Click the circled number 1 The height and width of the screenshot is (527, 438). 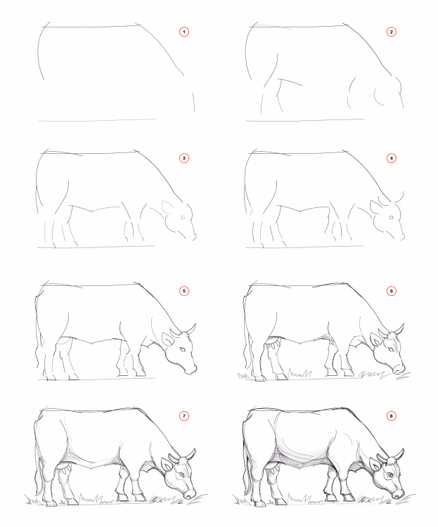pos(184,32)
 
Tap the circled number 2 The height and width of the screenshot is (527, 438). pos(391,32)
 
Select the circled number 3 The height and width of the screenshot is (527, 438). pos(184,158)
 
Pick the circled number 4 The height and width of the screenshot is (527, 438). pos(391,158)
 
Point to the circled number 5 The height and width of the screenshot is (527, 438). pos(184,291)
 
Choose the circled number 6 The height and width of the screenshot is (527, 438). pos(391,291)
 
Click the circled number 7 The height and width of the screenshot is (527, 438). pos(184,416)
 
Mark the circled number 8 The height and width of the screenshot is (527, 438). pos(391,416)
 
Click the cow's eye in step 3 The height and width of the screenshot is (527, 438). pos(183,217)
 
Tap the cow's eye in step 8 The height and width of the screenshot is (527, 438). pos(390,475)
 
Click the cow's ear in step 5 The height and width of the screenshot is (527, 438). pos(167,339)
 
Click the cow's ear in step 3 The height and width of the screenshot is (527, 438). pos(168,207)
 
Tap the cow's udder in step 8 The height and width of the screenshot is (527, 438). pos(273,467)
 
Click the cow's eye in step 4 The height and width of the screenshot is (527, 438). pos(391,217)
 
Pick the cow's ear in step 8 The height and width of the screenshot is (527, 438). pos(375,464)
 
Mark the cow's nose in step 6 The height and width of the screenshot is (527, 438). pos(399,369)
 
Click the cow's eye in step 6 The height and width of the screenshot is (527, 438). pos(391,349)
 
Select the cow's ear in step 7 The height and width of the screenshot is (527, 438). pos(167,464)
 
